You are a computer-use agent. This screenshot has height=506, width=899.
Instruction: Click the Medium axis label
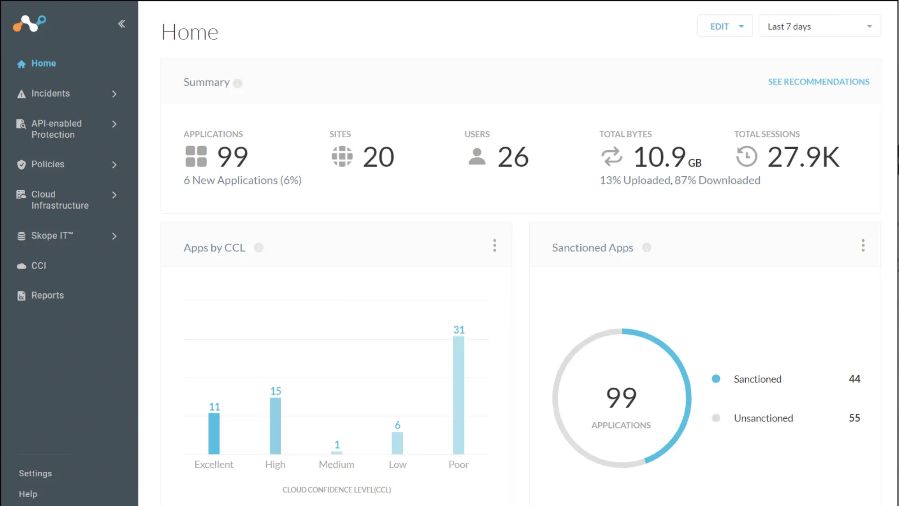tap(336, 464)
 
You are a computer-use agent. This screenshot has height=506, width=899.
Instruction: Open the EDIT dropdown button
tap(725, 27)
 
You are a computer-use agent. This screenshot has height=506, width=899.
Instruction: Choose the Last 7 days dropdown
tap(819, 27)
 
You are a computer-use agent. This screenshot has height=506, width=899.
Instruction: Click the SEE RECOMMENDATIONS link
tap(818, 82)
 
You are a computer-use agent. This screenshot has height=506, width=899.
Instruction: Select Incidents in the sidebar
tap(50, 94)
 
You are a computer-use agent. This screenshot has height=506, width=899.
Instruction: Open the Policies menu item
tap(48, 164)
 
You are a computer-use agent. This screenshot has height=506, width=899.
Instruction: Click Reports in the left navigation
tap(47, 296)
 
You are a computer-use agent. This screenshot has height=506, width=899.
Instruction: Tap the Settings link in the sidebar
tap(35, 473)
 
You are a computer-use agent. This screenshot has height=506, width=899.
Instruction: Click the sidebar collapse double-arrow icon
tap(121, 24)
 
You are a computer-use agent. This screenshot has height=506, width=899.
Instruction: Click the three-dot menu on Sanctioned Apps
tap(863, 246)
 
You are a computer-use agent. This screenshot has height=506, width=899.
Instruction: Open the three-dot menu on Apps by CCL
tap(494, 246)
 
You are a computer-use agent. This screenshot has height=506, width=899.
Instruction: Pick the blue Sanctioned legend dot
tap(716, 379)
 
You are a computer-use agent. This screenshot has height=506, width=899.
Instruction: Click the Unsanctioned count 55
tap(854, 418)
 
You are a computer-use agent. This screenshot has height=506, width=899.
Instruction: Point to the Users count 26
tap(513, 157)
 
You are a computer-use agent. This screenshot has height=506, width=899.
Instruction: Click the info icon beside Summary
tap(238, 83)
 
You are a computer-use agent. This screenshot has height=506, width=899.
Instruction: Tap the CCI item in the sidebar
tap(39, 266)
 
